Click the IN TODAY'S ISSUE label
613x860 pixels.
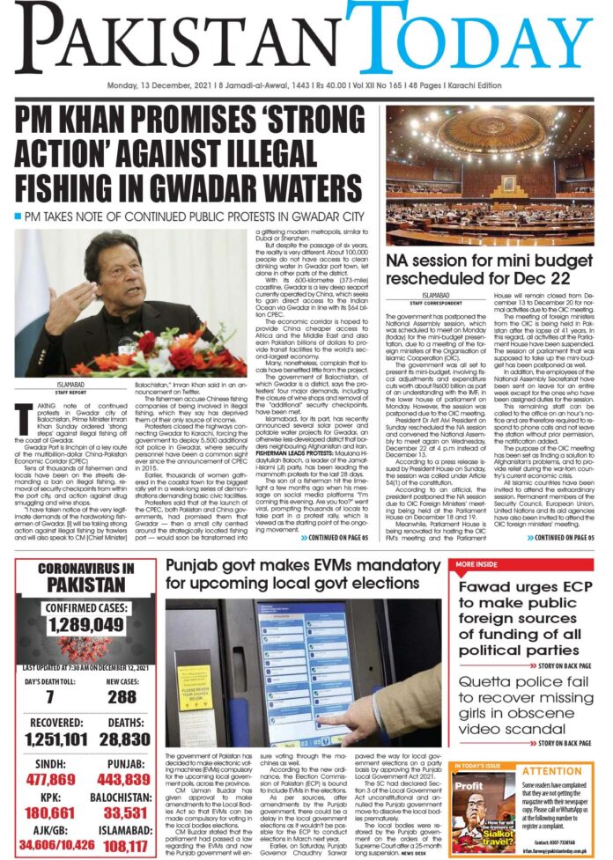[478, 766]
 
